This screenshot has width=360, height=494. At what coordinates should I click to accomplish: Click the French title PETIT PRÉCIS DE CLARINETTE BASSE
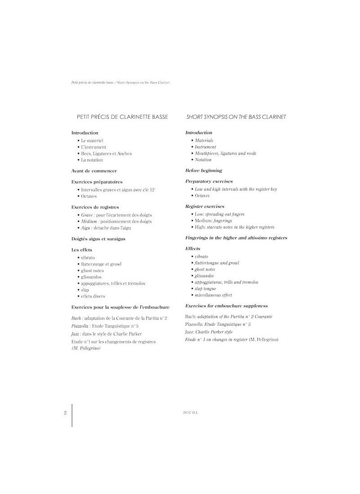pyautogui.click(x=123, y=117)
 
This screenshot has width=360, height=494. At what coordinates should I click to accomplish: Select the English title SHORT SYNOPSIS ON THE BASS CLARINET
pyautogui.click(x=236, y=117)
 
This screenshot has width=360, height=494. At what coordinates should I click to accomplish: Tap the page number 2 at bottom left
pyautogui.click(x=65, y=412)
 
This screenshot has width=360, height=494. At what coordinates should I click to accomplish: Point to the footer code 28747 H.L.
pyautogui.click(x=184, y=412)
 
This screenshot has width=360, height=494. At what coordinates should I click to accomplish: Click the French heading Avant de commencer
pyautogui.click(x=94, y=171)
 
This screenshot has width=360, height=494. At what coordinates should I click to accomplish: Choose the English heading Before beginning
pyautogui.click(x=204, y=171)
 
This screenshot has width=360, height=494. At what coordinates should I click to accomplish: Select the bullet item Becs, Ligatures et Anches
pyautogui.click(x=106, y=153)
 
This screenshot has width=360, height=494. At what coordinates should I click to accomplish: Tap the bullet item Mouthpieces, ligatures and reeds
pyautogui.click(x=225, y=153)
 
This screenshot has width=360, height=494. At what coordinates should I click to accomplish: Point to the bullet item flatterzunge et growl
pyautogui.click(x=101, y=264)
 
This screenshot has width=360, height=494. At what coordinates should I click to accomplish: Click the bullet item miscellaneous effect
pyautogui.click(x=213, y=295)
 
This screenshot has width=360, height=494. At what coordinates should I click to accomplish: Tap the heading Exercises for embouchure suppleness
pyautogui.click(x=226, y=305)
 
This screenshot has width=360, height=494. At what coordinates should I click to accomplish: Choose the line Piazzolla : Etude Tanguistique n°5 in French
pyautogui.click(x=105, y=325)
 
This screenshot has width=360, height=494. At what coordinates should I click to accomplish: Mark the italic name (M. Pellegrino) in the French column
pyautogui.click(x=86, y=348)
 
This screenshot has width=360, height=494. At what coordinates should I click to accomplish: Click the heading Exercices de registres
pyautogui.click(x=95, y=207)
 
